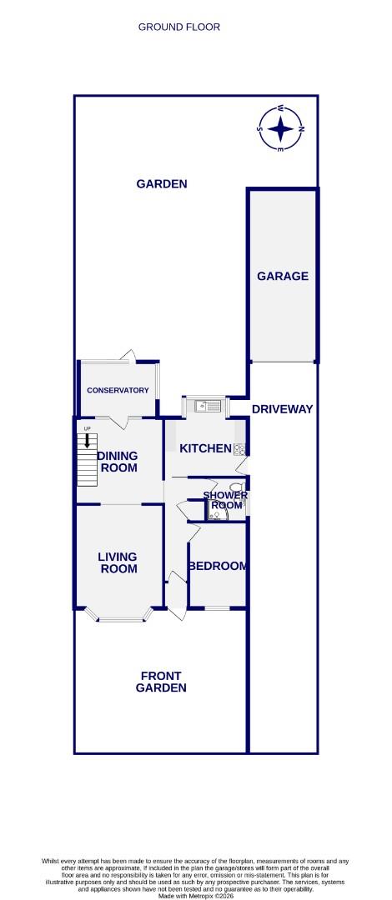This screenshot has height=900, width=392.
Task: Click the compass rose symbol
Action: click(x=282, y=129)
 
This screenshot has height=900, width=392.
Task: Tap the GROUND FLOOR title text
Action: click(x=179, y=27)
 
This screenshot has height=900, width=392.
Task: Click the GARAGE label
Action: click(x=283, y=276)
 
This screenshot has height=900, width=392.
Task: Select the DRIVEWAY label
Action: click(x=282, y=408)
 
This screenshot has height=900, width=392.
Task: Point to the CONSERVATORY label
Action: click(x=118, y=390)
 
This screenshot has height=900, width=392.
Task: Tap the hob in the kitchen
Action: click(x=240, y=449)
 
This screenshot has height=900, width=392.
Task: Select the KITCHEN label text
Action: click(x=205, y=448)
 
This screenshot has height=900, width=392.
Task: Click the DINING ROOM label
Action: click(x=118, y=462)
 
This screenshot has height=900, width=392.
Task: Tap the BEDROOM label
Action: click(x=218, y=566)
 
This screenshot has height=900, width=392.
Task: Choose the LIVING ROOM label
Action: click(x=118, y=562)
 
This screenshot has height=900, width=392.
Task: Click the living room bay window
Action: click(x=118, y=618)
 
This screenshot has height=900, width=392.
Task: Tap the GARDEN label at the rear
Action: click(x=161, y=184)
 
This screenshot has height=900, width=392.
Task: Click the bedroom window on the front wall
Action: click(x=218, y=607)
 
